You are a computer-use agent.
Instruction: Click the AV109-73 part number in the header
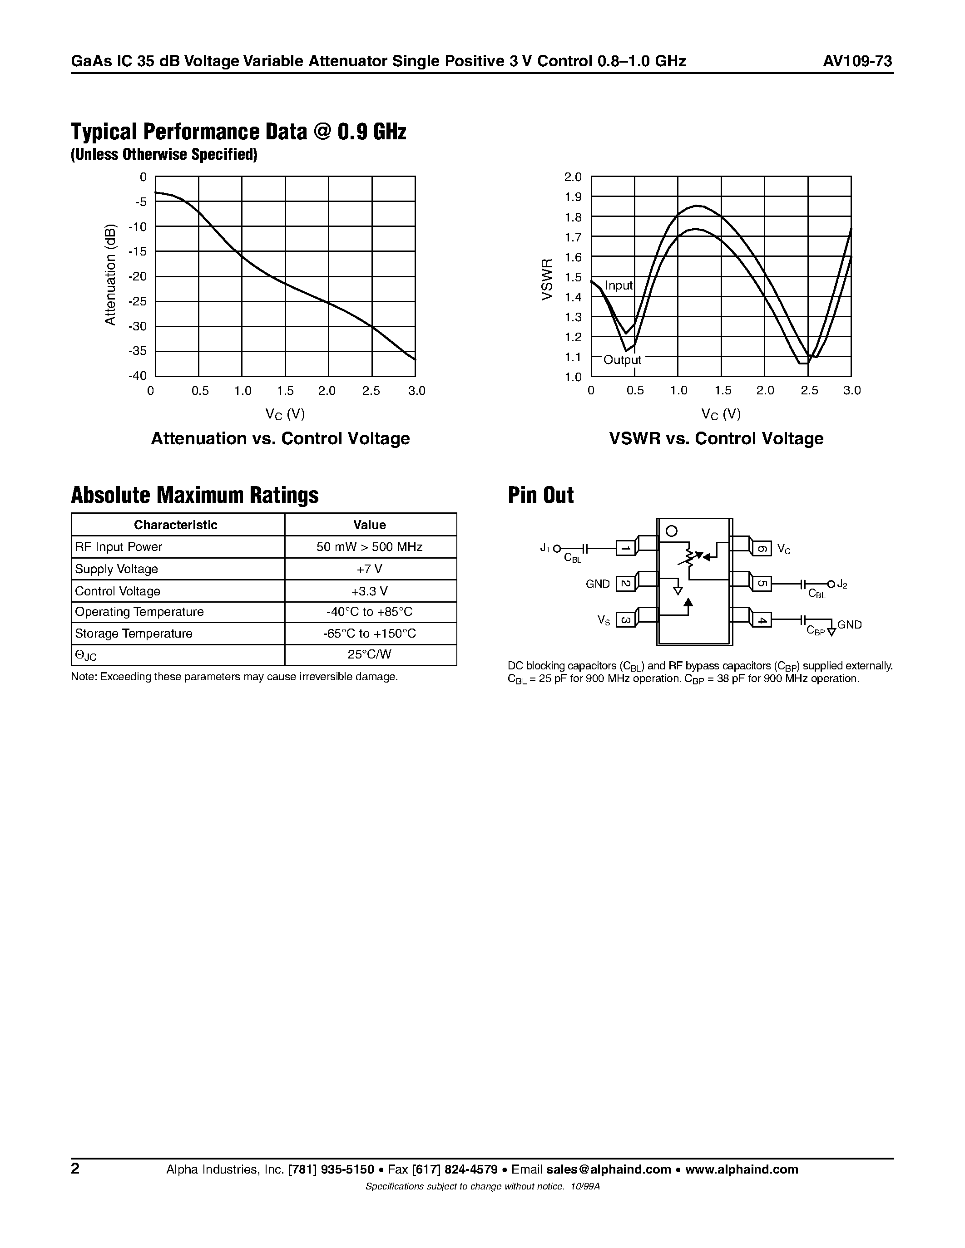tap(857, 61)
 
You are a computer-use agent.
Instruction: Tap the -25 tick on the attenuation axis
tap(137, 301)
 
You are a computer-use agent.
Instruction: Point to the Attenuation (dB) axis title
tap(110, 275)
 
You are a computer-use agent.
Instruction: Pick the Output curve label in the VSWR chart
tap(622, 359)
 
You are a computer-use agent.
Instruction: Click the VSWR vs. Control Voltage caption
tap(716, 438)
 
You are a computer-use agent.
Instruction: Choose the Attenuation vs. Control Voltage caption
tap(280, 438)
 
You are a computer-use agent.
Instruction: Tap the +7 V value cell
tap(369, 569)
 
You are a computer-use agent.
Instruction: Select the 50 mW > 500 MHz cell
tap(369, 547)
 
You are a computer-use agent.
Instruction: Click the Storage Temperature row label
tap(134, 633)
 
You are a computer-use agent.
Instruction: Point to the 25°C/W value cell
tap(369, 654)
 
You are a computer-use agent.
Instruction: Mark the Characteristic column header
tap(175, 525)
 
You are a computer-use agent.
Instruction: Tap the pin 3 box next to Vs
tap(625, 619)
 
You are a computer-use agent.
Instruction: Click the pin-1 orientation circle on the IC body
tap(672, 531)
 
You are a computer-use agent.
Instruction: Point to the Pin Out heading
tap(540, 495)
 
